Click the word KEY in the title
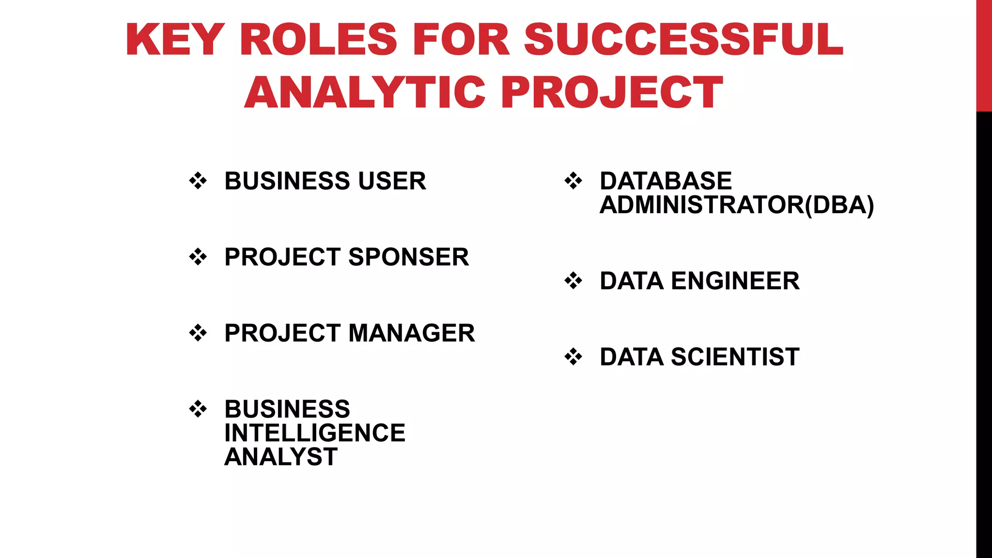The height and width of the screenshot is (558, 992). [x=174, y=39]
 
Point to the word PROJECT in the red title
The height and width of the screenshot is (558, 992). [x=612, y=92]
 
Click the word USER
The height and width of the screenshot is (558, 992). [x=392, y=181]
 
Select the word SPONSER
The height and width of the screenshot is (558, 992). [x=408, y=257]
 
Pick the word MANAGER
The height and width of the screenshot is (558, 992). [x=411, y=333]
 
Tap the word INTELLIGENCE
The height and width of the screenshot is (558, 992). [x=315, y=433]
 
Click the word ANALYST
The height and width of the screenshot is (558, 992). [x=281, y=457]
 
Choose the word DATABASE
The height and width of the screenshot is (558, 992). [x=666, y=181]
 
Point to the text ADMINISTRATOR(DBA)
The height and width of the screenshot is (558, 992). [x=737, y=205]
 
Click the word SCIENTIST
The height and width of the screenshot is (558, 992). [x=735, y=357]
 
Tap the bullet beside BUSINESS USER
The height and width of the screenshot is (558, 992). [x=198, y=181]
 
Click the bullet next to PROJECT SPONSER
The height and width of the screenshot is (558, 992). [x=198, y=257]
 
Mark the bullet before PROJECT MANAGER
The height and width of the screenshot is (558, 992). [x=198, y=333]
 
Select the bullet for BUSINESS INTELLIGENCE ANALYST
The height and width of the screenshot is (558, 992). [x=198, y=409]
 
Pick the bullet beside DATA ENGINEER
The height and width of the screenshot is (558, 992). [x=573, y=281]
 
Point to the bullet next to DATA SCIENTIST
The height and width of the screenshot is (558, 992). [x=573, y=357]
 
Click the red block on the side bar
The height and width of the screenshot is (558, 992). [x=984, y=56]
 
